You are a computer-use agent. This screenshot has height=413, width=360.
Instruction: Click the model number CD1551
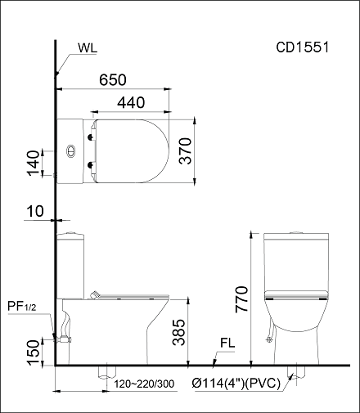pyautogui.click(x=303, y=47)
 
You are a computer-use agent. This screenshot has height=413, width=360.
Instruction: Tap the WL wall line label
pyautogui.click(x=88, y=48)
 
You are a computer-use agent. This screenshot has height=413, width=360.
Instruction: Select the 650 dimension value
pyautogui.click(x=113, y=80)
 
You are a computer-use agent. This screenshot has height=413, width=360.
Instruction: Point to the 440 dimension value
pyautogui.click(x=131, y=103)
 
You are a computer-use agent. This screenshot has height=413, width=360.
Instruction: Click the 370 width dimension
pyautogui.click(x=186, y=150)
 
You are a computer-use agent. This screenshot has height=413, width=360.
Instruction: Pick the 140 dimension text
pyautogui.click(x=34, y=163)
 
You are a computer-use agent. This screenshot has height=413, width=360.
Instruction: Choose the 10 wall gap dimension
pyautogui.click(x=35, y=211)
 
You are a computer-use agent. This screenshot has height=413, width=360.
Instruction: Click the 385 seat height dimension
pyautogui.click(x=179, y=332)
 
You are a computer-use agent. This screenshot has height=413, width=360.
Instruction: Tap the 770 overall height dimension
pyautogui.click(x=242, y=299)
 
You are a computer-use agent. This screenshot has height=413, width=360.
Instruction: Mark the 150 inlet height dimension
pyautogui.click(x=34, y=352)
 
